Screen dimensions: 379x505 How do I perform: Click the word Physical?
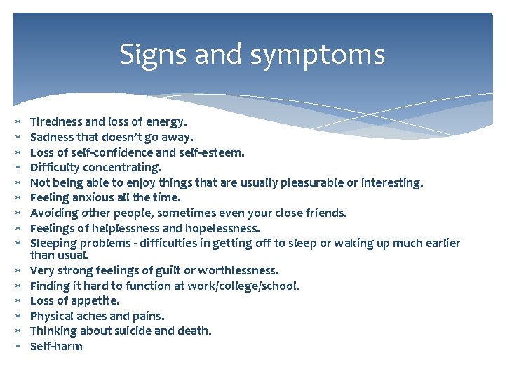coord(54,316)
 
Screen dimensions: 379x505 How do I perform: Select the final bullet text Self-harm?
coord(56,346)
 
